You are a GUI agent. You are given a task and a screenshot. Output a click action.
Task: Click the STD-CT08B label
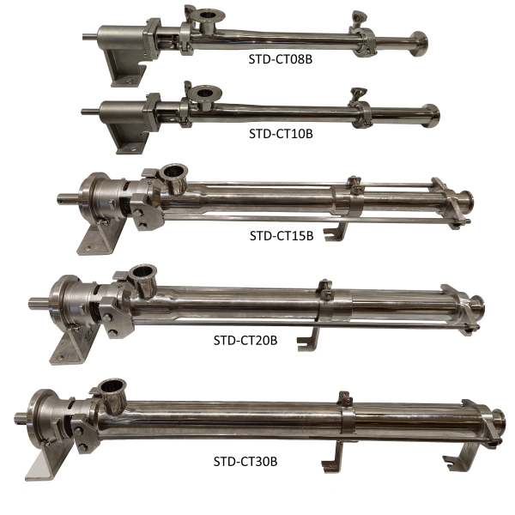pyautogui.click(x=281, y=59)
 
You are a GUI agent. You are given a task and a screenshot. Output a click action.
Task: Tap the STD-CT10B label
pyautogui.click(x=281, y=134)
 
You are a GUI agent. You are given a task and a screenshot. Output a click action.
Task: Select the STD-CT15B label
pyautogui.click(x=282, y=236)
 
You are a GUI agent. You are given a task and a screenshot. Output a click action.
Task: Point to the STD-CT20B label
pyautogui.click(x=245, y=340)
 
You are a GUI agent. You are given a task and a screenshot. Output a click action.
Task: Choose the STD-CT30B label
pyautogui.click(x=245, y=462)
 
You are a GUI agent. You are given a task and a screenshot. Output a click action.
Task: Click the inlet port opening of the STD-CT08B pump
pyautogui.click(x=208, y=15)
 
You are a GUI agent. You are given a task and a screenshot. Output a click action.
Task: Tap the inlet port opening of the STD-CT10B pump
pyautogui.click(x=206, y=93)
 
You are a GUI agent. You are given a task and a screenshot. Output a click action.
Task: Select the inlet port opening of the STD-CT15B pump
pyautogui.click(x=175, y=170)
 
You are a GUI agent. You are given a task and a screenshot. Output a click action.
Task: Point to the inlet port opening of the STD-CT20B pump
pyautogui.click(x=142, y=271)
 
